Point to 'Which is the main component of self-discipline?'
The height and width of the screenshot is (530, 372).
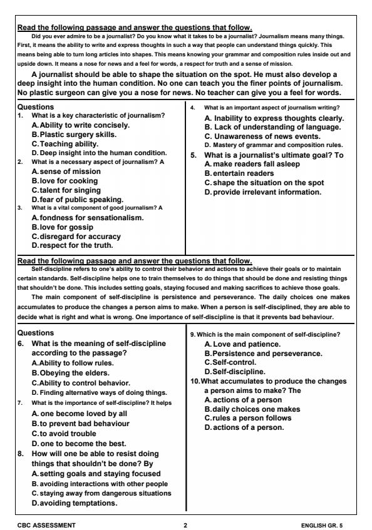pos(269,334)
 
